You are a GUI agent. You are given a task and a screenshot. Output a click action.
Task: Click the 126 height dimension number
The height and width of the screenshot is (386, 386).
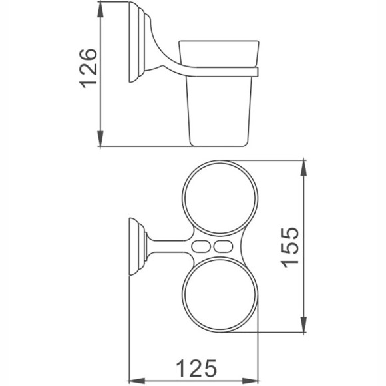pos(89,67)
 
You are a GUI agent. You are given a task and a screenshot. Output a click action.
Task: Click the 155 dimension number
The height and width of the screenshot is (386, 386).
pos(291,246)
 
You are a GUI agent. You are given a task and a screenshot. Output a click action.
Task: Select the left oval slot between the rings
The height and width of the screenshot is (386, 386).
pos(198,247)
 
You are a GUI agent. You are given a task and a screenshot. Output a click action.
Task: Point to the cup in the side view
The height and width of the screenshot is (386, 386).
pos(218,100)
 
